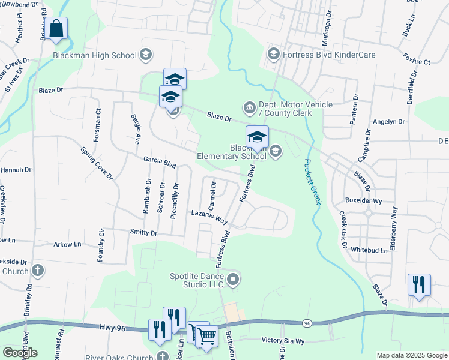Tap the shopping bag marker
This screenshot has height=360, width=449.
[x=56, y=28]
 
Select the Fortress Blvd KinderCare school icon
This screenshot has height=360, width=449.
[x=274, y=55]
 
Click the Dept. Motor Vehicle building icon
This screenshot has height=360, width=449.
[x=249, y=108]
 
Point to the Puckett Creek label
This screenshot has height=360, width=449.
[x=312, y=181]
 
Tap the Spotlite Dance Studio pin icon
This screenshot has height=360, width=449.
[x=234, y=279]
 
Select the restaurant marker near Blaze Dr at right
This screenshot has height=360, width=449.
[x=418, y=284]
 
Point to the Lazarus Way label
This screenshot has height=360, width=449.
[x=209, y=216]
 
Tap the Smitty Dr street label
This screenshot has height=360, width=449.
[x=143, y=232]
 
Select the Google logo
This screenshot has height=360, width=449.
[x=20, y=353]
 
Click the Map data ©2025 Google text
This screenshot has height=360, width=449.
[x=411, y=355]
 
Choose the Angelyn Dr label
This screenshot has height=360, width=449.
[x=388, y=121]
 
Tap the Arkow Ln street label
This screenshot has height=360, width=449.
[x=67, y=244]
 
